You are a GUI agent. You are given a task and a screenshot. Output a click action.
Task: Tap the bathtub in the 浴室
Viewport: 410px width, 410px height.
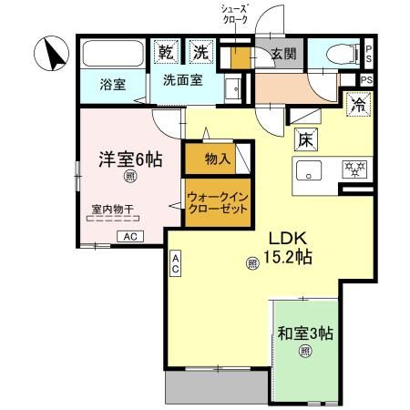112,55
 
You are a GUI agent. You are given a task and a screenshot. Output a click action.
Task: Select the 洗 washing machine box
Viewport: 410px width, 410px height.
200,52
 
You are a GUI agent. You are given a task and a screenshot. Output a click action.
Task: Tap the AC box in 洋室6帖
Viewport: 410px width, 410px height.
129,236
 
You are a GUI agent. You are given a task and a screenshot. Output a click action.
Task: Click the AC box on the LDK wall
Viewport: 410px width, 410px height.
174,264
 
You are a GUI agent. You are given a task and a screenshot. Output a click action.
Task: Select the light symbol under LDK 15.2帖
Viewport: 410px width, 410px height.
251,264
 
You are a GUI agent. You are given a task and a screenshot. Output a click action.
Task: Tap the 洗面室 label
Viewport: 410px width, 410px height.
182,79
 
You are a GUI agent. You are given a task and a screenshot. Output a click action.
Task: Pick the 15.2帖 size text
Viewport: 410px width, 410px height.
290,258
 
